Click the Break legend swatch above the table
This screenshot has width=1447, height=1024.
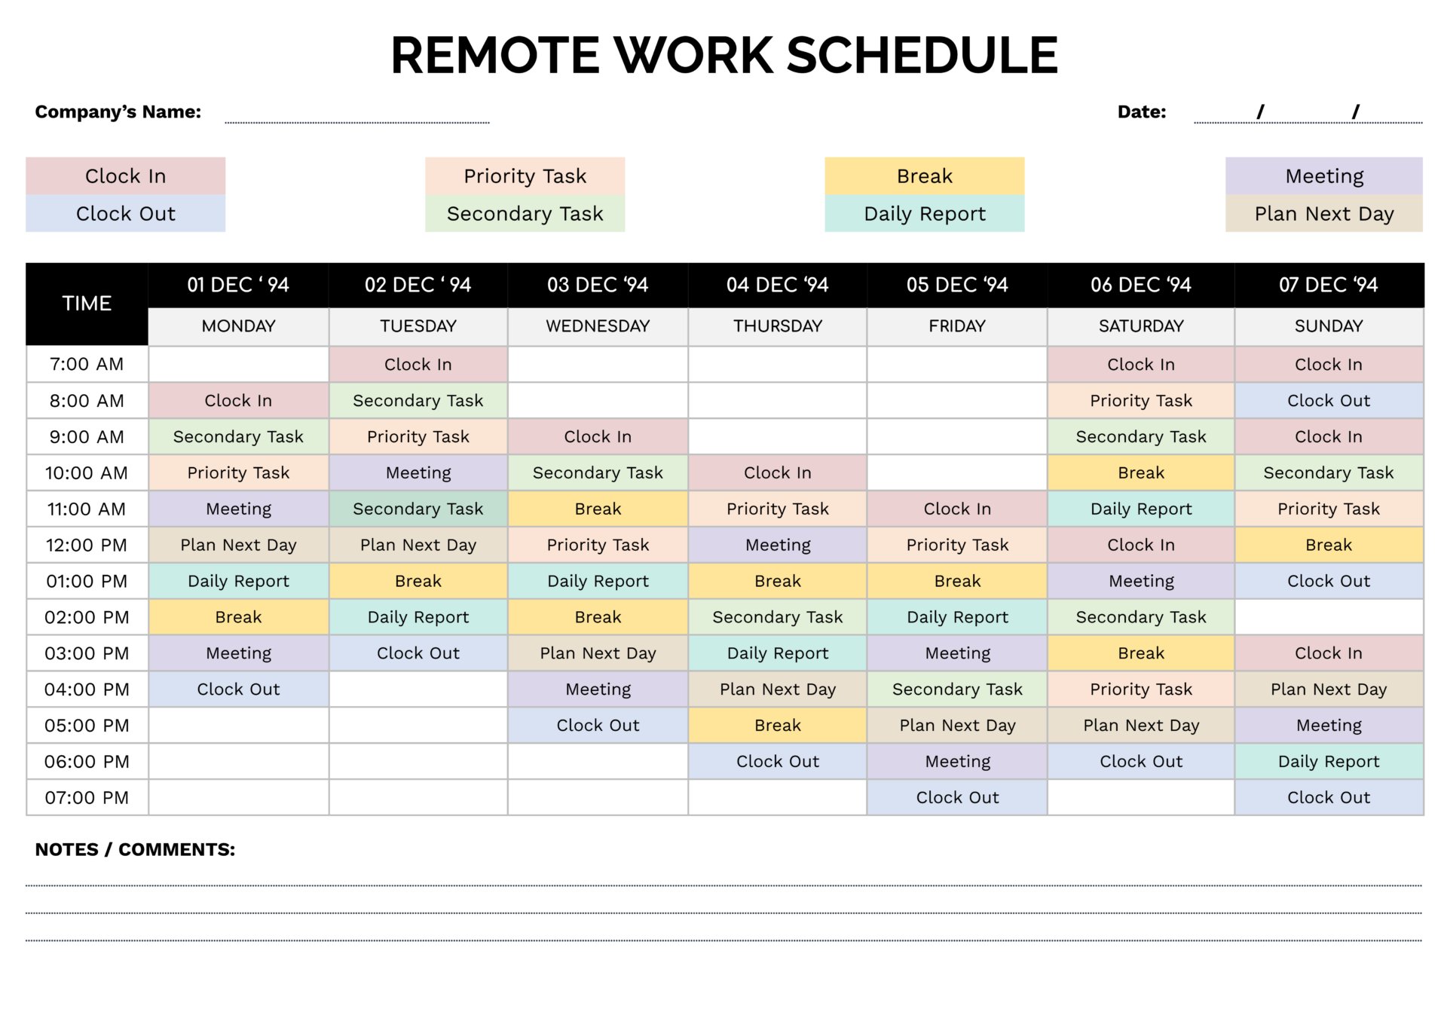(x=924, y=176)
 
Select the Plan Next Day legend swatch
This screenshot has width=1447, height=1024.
(x=1323, y=214)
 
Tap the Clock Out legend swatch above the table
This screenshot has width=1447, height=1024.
(x=125, y=214)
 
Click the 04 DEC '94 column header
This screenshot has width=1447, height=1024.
(x=777, y=285)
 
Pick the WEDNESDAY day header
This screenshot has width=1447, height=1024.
(x=598, y=326)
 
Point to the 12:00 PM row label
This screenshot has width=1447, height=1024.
(x=87, y=545)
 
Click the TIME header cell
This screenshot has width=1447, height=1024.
(x=87, y=304)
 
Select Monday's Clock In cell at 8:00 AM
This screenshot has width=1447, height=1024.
(x=238, y=400)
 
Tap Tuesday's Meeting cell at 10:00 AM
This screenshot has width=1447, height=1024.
(x=418, y=472)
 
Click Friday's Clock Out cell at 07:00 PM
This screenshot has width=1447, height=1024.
(x=957, y=797)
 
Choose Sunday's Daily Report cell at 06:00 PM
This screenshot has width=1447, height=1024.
(x=1329, y=761)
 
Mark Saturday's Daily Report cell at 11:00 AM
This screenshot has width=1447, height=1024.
(x=1141, y=509)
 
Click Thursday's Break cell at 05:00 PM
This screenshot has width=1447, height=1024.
(x=777, y=725)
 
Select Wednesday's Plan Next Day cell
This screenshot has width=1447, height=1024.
(x=598, y=653)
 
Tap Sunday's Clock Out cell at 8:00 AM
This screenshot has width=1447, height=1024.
(x=1329, y=400)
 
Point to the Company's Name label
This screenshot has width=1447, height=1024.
(x=118, y=112)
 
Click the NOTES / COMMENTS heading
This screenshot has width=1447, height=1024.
(x=135, y=849)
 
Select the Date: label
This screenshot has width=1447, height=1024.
(x=1141, y=112)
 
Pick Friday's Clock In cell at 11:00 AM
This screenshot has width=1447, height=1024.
(x=957, y=509)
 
